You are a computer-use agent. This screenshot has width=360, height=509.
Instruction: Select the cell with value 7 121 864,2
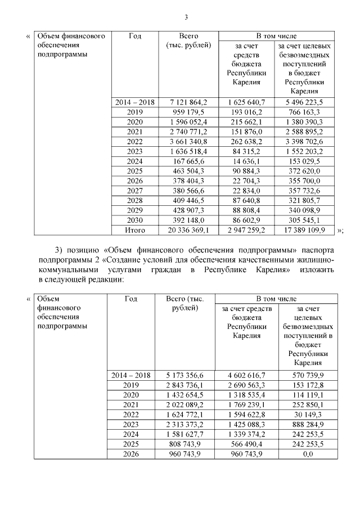pos(188,102)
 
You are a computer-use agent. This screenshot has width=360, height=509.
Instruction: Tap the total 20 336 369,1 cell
pos(188,230)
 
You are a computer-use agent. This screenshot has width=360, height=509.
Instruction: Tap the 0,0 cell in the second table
pos(308,454)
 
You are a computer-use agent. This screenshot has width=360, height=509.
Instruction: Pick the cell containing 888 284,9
pos(308,425)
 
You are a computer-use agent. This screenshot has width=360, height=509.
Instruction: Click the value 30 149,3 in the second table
pos(308,415)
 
